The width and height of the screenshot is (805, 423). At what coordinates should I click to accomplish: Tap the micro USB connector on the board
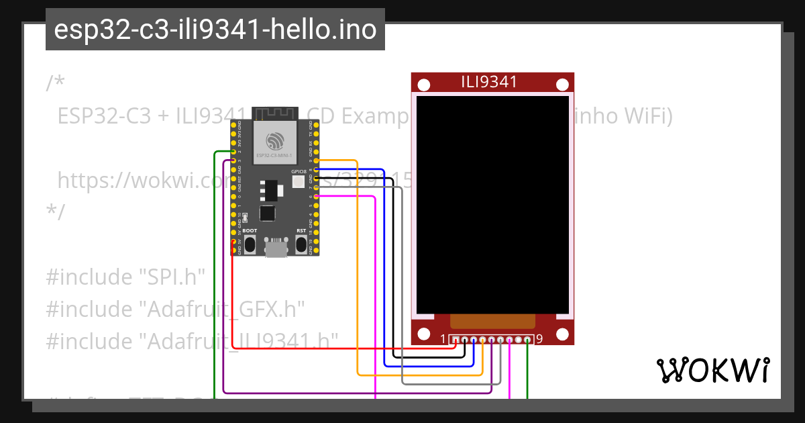point(275,248)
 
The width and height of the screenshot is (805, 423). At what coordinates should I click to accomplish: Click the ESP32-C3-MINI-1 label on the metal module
point(274,155)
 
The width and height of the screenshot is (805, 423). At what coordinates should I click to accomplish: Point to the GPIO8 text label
point(299,172)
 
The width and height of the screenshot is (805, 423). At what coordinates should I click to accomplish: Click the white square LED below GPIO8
point(298,182)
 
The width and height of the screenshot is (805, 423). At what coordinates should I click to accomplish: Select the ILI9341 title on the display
point(489,82)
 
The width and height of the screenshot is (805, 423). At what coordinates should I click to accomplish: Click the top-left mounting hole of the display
point(424,85)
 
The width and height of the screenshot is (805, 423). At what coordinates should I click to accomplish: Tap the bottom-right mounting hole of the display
point(561,332)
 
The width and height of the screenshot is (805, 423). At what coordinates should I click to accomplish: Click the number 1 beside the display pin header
point(443,339)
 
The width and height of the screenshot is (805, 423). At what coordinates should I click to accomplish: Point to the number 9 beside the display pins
point(539,339)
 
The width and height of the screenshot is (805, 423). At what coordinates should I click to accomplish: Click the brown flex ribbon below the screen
point(492,321)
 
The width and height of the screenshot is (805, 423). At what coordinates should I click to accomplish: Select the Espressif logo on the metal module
point(275,141)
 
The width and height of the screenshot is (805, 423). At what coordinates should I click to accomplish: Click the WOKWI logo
point(712,370)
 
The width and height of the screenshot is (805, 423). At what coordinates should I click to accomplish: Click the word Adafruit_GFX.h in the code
point(221,310)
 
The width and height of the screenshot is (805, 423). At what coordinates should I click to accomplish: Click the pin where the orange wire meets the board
point(316,161)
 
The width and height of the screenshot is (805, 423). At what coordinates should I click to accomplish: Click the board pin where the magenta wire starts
point(316,196)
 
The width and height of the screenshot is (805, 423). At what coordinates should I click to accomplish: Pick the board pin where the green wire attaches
point(233,152)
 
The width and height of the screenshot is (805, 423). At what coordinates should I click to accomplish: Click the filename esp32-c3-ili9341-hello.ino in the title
point(215,30)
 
